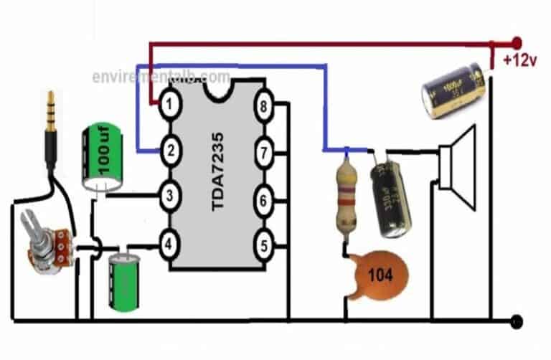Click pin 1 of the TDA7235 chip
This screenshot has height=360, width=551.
coord(168,106)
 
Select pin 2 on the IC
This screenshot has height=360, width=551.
coord(169,151)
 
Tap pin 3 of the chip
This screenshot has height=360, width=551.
coord(169,195)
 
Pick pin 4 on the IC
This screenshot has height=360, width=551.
coord(169,245)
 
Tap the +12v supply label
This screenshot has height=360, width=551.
coord(519,60)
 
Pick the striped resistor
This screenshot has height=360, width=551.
coord(347,196)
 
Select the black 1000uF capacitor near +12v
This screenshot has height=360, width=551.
coord(453,87)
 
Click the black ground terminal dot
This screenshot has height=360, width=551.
coord(514,321)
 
